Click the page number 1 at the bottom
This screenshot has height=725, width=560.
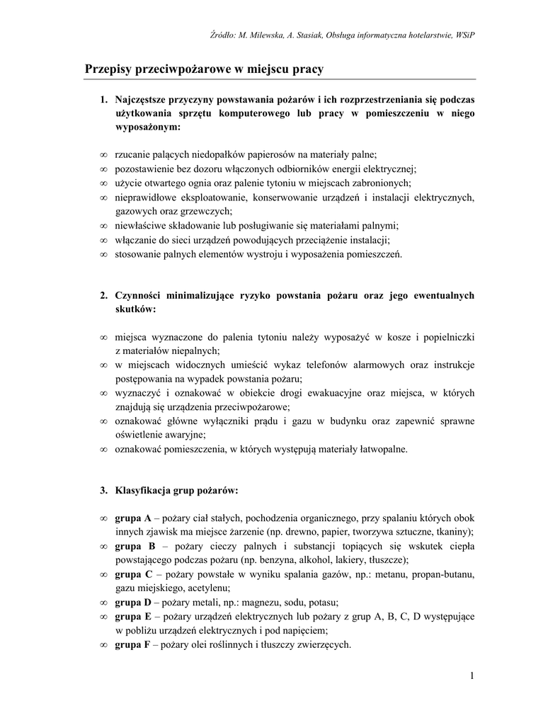coord(471,676)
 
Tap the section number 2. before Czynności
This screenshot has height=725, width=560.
coord(103,295)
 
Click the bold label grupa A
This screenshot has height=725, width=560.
coord(133,518)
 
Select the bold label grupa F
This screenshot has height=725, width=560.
coord(132,644)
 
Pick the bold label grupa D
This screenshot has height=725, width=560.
coord(133,603)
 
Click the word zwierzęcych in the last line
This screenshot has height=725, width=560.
coord(326,644)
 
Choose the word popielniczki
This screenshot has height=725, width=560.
coord(447,337)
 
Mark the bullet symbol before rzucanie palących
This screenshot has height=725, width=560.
coord(103,154)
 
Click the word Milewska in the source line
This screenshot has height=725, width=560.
coord(263,35)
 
